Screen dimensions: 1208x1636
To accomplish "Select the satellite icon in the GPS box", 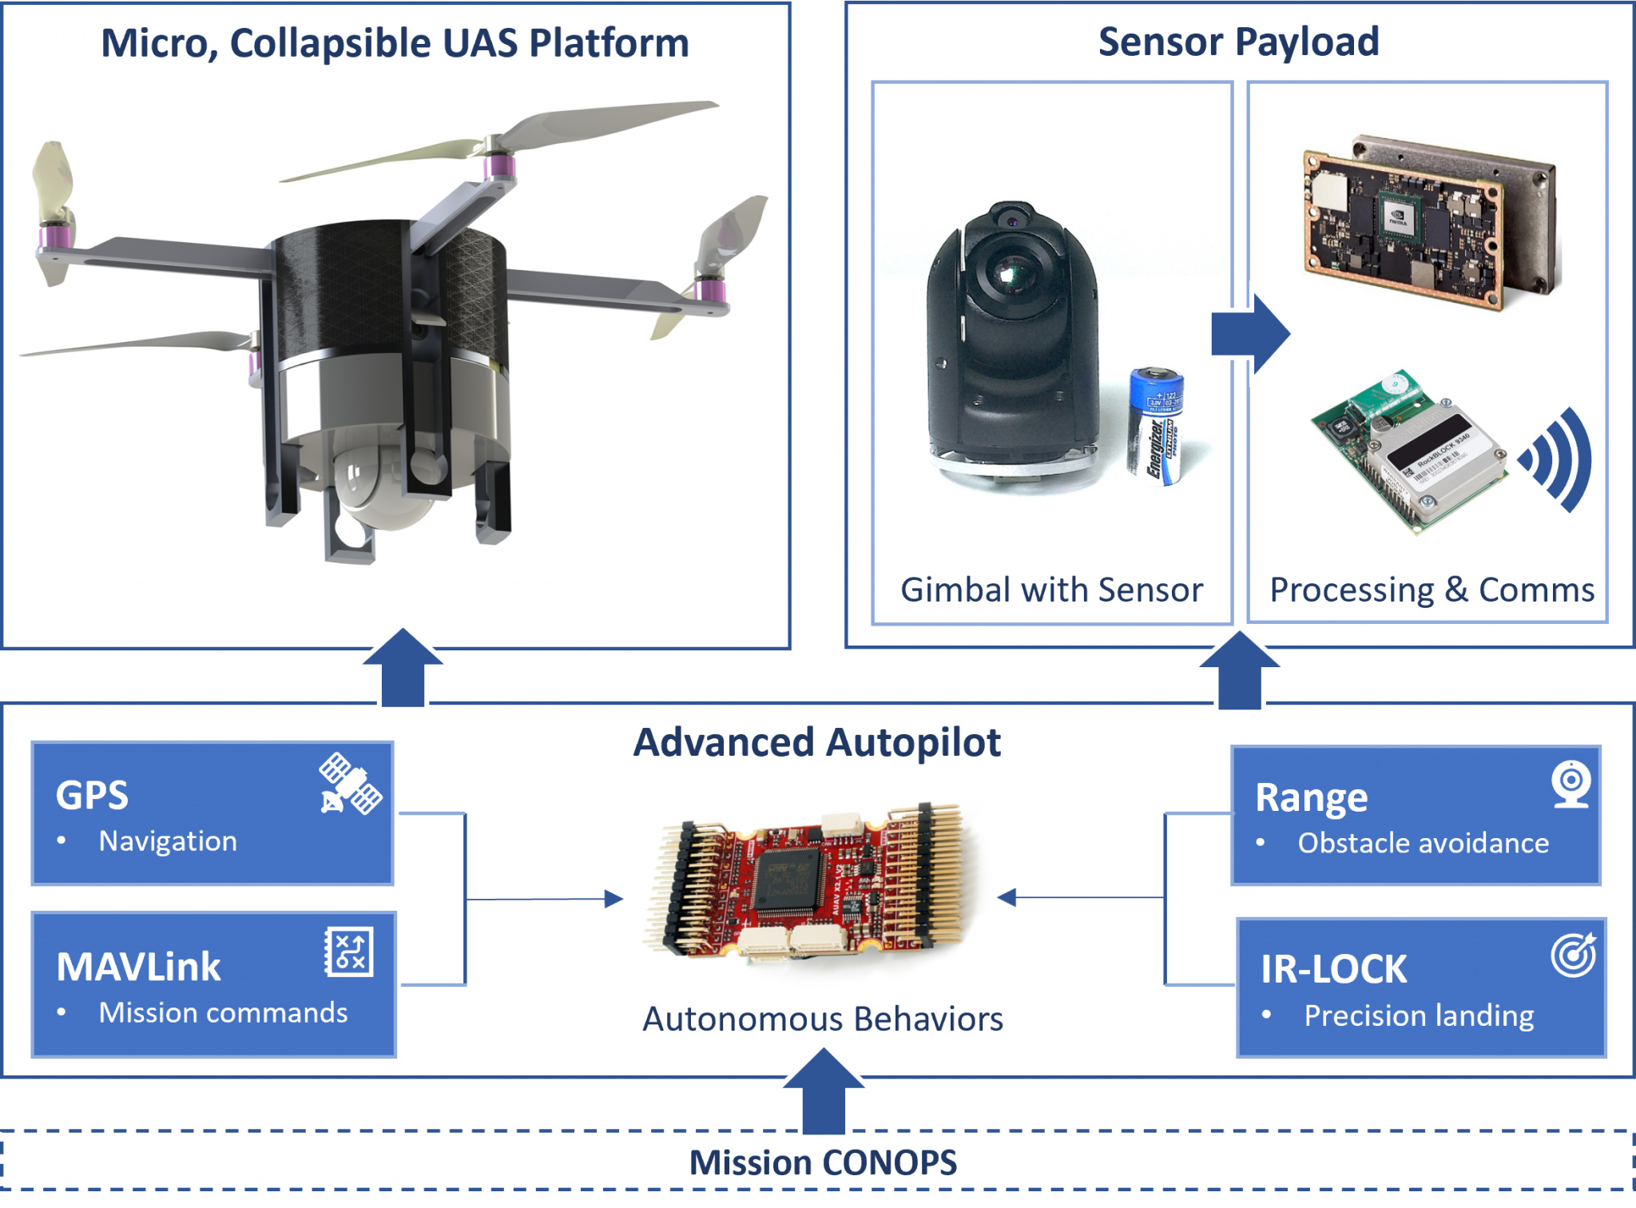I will (x=350, y=784).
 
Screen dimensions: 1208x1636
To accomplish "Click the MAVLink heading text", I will (x=139, y=967).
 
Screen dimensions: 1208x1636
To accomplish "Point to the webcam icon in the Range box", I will (x=1570, y=784).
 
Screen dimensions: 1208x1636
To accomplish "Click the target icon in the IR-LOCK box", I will (x=1573, y=955).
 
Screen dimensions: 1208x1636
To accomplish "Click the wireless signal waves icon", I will (x=1558, y=459).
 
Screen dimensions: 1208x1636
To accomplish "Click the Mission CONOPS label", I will (x=823, y=1162).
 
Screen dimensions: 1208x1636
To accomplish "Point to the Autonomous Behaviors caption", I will (x=823, y=1019).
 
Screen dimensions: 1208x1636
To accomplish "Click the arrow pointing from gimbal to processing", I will (x=1250, y=334).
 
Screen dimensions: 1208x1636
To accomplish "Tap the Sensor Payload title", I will (x=1238, y=42).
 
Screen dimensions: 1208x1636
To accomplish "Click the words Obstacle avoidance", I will (x=1423, y=843).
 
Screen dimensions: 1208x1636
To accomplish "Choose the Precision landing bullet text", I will (x=1419, y=1015).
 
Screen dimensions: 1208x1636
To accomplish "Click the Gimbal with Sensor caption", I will (x=1051, y=590).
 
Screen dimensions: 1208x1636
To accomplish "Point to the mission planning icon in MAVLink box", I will (x=349, y=952).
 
